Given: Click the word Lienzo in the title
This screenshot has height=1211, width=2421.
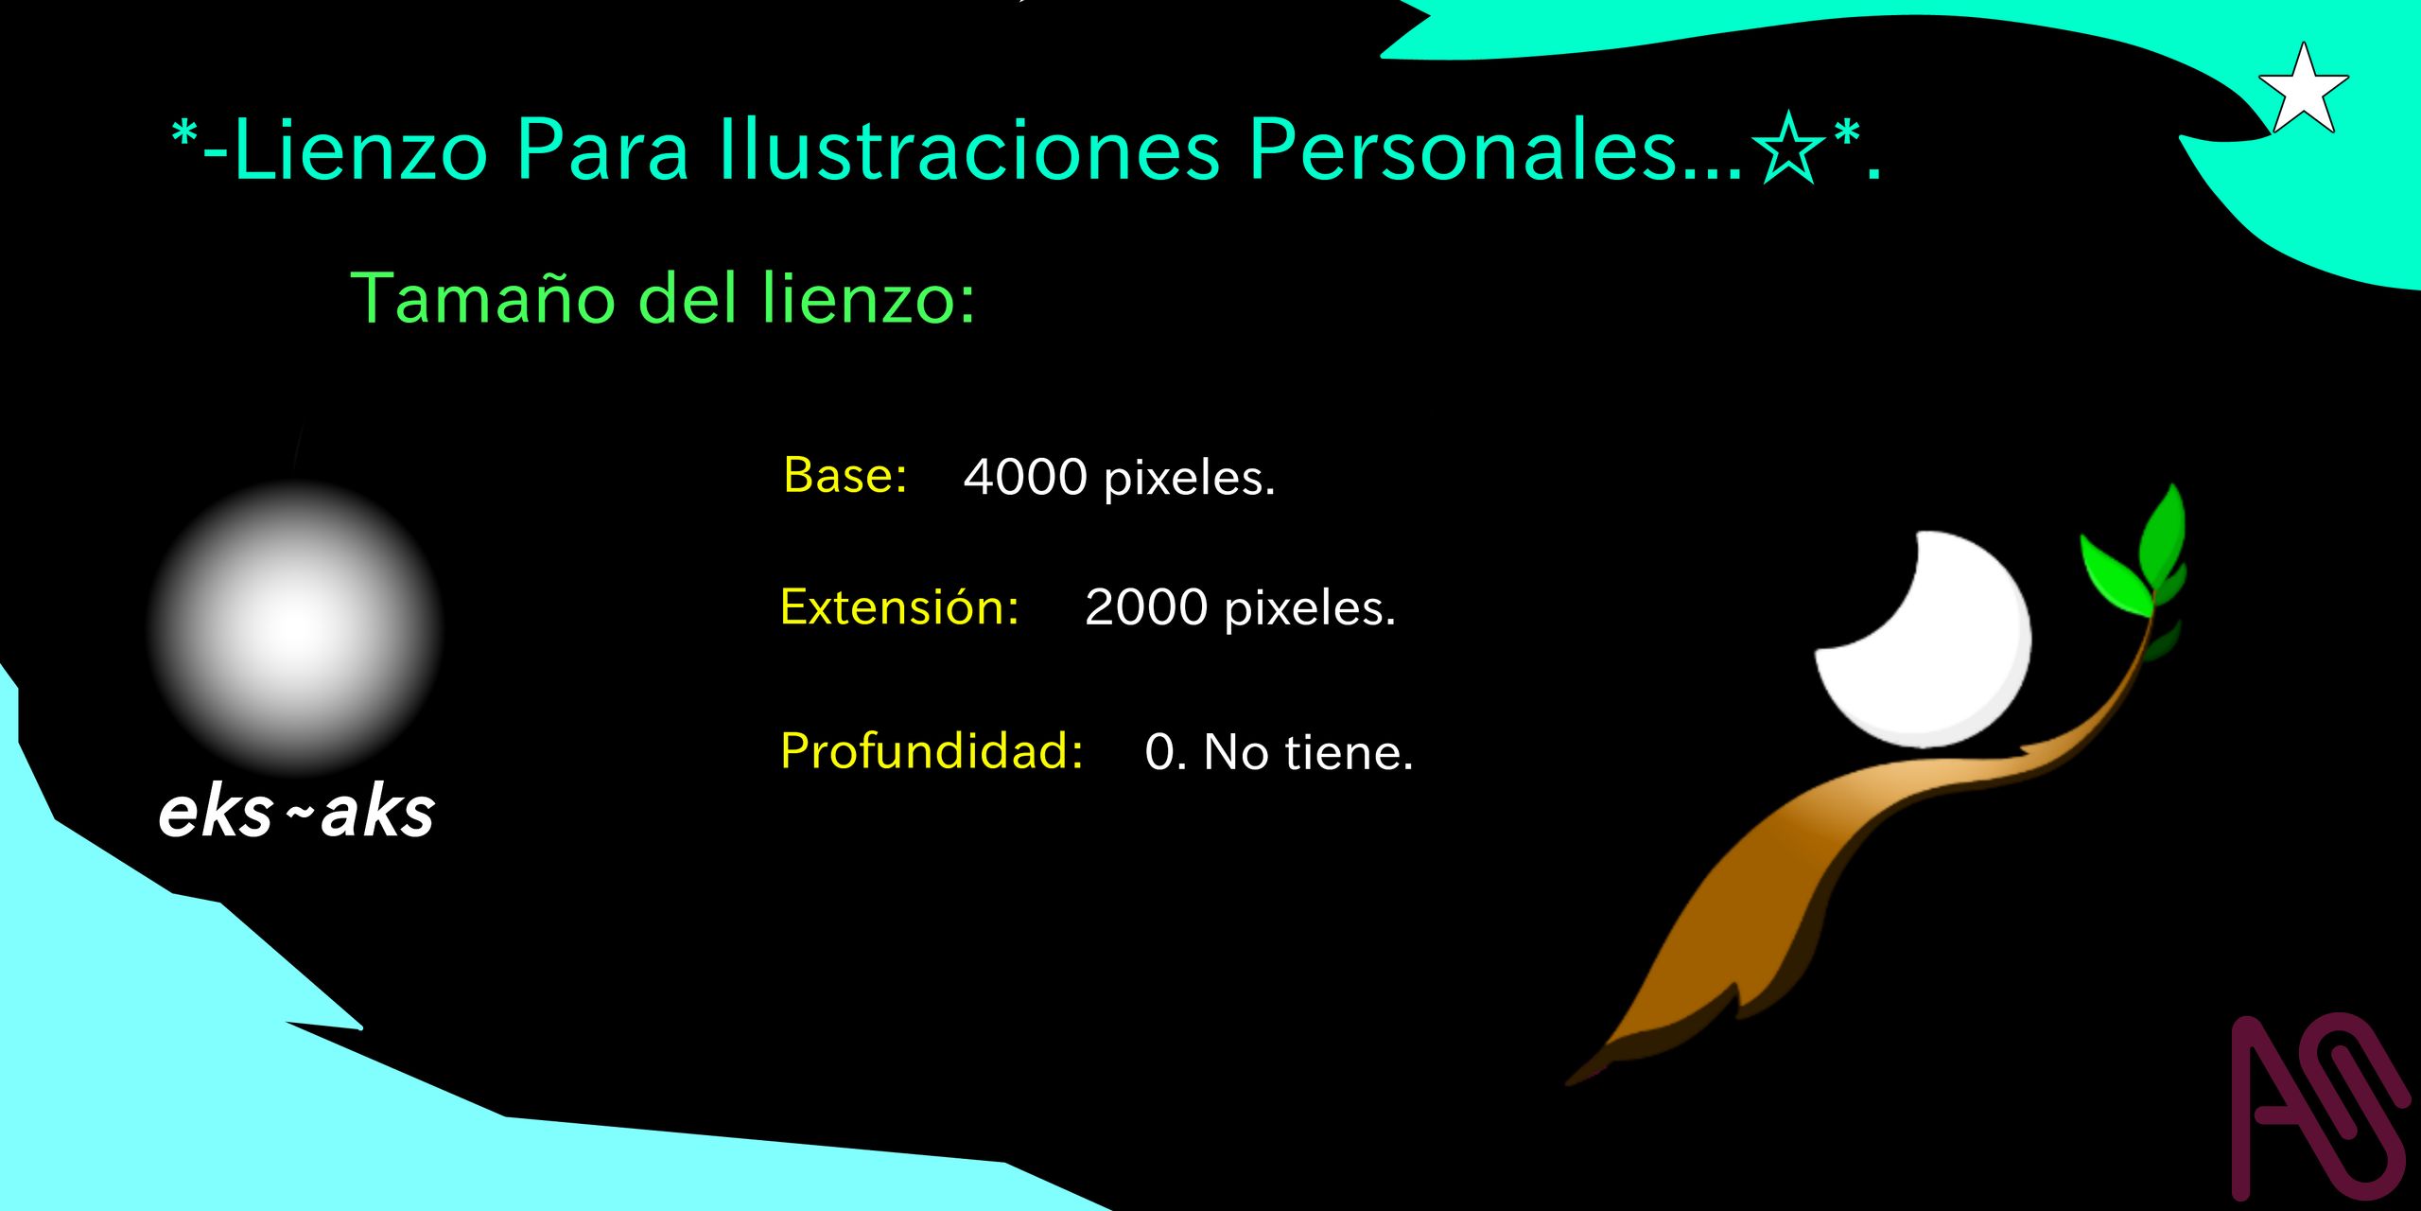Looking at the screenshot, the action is [360, 149].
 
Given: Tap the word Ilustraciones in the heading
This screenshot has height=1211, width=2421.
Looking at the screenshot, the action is [970, 149].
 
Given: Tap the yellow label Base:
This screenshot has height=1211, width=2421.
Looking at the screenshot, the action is [845, 475].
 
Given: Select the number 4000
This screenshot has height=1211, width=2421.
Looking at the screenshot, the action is [1025, 477].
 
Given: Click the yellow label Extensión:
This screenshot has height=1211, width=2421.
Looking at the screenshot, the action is [899, 606].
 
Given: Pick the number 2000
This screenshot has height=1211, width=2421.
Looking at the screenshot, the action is [1146, 607].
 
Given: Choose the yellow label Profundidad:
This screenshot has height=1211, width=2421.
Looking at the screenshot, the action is [932, 751].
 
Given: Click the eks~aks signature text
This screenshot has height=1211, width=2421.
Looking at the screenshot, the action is [296, 813].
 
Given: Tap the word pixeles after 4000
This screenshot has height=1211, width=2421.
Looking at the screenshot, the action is [1190, 480].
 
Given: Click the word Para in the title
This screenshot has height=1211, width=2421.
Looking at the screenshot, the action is [602, 149].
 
